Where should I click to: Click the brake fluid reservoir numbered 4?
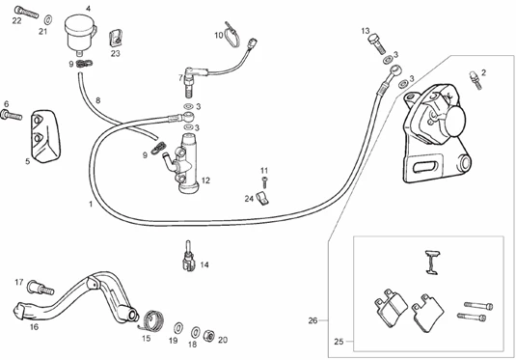coord(80,35)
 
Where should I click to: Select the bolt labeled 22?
coord(26,13)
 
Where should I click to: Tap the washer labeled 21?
coord(48,19)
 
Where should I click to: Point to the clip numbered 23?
coord(116,39)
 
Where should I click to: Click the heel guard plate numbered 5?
coord(45,136)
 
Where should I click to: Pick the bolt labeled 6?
coord(12,115)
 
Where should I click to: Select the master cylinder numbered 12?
coord(184,164)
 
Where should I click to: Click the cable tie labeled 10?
coord(232,36)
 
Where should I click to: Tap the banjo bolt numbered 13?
coord(376,43)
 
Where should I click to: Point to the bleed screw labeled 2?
coord(475,80)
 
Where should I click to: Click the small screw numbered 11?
coord(264,182)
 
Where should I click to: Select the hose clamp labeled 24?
coord(262,199)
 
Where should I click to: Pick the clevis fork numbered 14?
coord(189,258)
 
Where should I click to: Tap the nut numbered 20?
coord(208,335)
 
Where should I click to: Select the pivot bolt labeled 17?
coord(41,288)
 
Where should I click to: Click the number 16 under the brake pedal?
coord(34,327)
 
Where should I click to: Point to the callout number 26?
coord(312,320)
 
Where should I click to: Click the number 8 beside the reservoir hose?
coord(98,100)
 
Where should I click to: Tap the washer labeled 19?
coord(178,328)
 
